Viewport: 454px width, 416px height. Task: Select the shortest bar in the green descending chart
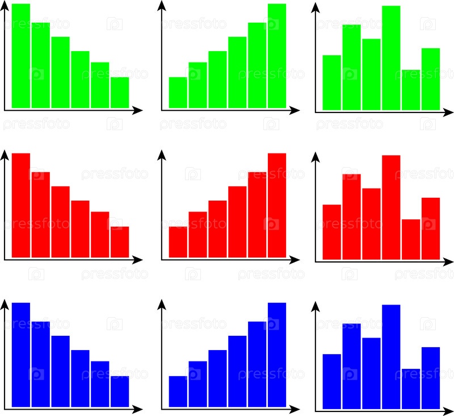point(120,92)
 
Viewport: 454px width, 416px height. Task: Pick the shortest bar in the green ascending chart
point(178,92)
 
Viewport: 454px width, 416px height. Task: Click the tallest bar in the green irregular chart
point(391,57)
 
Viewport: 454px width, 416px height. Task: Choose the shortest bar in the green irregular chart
point(411,90)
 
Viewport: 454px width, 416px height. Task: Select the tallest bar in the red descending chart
point(21,205)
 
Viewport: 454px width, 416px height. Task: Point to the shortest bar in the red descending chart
point(120,242)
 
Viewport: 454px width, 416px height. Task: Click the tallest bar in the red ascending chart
point(277,205)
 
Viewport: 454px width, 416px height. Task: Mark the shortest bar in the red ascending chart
point(178,242)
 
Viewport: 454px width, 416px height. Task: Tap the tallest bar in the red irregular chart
point(391,207)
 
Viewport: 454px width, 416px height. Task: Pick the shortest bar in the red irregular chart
point(411,239)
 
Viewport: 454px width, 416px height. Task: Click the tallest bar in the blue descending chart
point(21,355)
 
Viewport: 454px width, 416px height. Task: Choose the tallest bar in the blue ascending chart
point(277,355)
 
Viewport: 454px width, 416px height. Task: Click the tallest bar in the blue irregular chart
point(391,356)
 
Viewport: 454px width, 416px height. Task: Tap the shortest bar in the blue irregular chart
point(411,389)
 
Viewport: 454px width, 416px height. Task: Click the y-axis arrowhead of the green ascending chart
point(162,6)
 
